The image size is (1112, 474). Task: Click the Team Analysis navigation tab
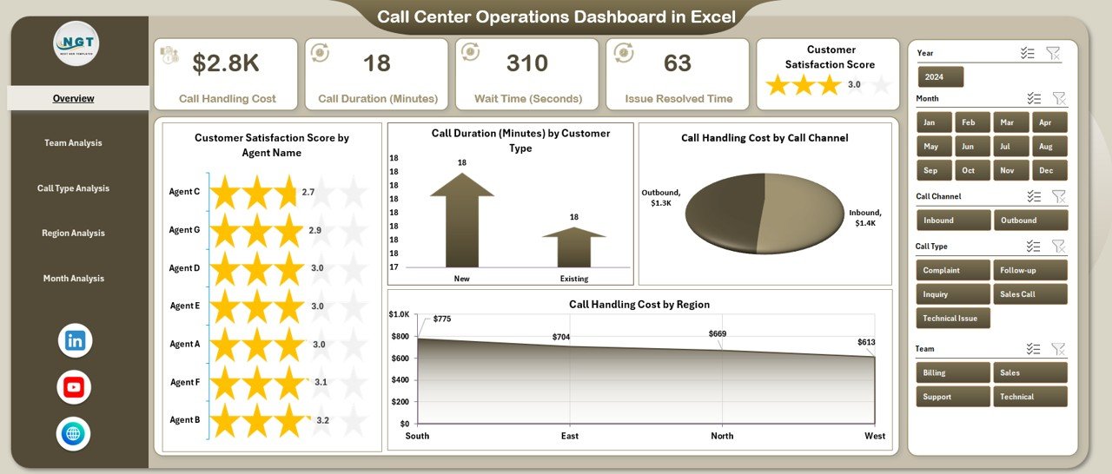(73, 143)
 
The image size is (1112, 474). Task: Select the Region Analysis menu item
(73, 234)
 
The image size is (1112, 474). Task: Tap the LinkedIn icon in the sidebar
(75, 341)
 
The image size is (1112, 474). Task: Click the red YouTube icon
(75, 387)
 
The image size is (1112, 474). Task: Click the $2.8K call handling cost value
(226, 63)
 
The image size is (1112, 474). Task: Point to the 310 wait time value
(526, 63)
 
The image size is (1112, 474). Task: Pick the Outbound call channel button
(1030, 221)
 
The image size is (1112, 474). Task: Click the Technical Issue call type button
(952, 319)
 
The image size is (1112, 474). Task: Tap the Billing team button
(952, 373)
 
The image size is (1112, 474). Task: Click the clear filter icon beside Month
(1058, 99)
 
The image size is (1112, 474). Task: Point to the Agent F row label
(184, 382)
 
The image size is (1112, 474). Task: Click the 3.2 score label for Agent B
(323, 420)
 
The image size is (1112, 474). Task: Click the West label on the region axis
(875, 436)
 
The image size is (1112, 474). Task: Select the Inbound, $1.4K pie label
(864, 218)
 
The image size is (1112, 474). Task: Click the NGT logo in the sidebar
(76, 43)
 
